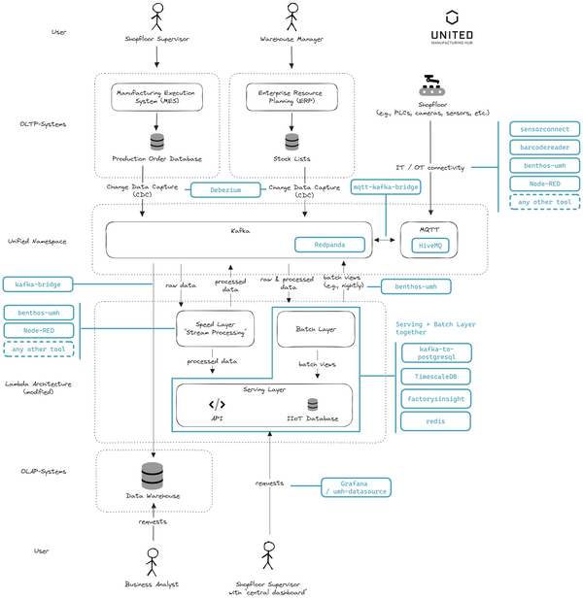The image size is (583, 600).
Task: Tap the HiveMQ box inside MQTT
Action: (429, 248)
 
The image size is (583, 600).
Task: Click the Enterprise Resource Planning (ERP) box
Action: (291, 96)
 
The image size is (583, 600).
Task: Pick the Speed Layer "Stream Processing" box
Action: (215, 330)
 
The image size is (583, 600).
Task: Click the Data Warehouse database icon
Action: (153, 476)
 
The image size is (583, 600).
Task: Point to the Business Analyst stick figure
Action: (153, 563)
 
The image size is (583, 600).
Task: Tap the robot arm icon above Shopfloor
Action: (429, 85)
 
